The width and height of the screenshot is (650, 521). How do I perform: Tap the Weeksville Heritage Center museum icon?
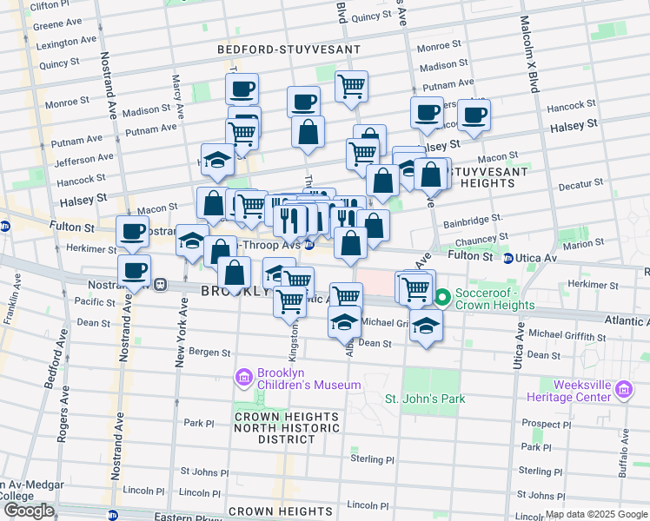click(x=623, y=390)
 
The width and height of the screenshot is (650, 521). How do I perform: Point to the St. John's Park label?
click(x=425, y=399)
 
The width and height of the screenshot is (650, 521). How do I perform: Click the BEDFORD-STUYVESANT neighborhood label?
click(x=276, y=51)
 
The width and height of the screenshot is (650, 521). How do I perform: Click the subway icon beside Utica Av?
click(x=508, y=258)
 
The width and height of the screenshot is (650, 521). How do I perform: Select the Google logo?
click(x=28, y=511)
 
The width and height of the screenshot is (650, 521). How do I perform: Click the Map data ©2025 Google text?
click(x=595, y=514)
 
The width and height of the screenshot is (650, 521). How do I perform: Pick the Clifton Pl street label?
click(x=49, y=5)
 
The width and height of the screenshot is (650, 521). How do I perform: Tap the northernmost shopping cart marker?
click(x=351, y=86)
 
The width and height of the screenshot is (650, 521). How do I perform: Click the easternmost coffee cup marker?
click(x=474, y=114)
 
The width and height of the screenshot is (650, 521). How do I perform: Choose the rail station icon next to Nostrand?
click(x=160, y=284)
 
